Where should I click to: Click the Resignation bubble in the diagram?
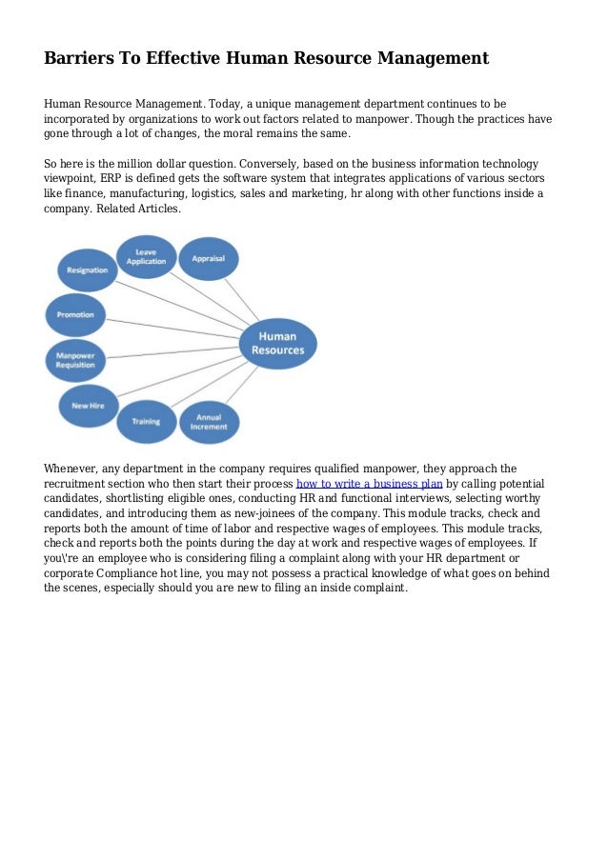[87, 270]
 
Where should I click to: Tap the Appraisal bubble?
[208, 258]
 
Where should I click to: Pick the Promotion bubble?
[75, 313]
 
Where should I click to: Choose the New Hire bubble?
[88, 405]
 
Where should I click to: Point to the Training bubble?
[145, 420]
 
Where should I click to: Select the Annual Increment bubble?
[210, 420]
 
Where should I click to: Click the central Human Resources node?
[277, 344]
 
